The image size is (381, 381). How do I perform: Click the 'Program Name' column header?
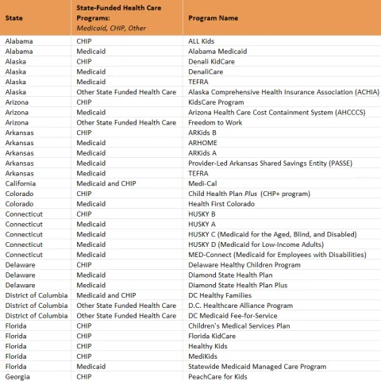click(213, 18)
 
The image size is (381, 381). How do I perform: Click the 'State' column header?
click(15, 18)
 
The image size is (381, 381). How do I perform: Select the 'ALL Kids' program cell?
click(202, 40)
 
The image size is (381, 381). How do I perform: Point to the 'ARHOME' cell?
click(203, 143)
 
